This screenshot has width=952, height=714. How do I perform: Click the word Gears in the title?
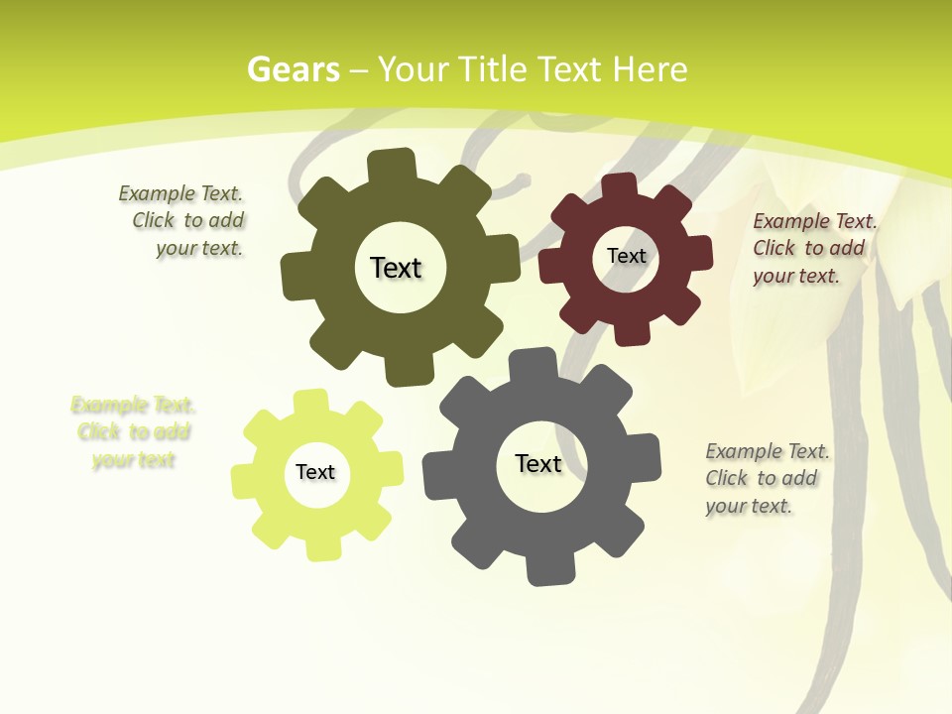[x=294, y=69]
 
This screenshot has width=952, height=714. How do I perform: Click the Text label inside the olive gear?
[x=396, y=268]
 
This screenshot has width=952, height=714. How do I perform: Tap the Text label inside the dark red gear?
[x=626, y=256]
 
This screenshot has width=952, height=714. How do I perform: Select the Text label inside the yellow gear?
[x=315, y=473]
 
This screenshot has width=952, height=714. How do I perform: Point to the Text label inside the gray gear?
[x=538, y=464]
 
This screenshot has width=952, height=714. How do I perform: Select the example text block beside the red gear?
[x=812, y=249]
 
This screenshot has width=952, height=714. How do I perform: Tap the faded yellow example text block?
[x=133, y=432]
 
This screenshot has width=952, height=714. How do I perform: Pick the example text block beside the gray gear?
[x=766, y=479]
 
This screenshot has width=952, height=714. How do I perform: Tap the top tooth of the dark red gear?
[x=620, y=186]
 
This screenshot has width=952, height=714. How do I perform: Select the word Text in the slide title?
[x=571, y=69]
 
